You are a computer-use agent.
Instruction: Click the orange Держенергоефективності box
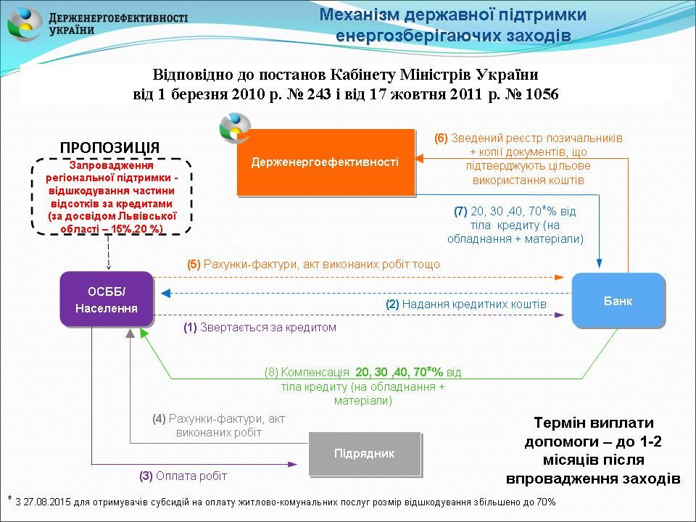[x=326, y=162]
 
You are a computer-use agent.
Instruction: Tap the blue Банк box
[x=618, y=301]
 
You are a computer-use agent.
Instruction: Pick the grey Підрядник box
[x=365, y=454]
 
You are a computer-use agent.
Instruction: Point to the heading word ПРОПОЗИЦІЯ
[x=109, y=147]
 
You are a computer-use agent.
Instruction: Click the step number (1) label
[x=190, y=328]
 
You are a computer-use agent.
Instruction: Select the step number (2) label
[x=392, y=304]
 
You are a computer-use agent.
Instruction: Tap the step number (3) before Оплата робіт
[x=146, y=476]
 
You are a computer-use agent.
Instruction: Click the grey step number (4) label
[x=159, y=418]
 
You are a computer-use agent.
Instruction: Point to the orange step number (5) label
[x=194, y=265]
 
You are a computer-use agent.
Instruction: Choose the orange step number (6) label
[x=441, y=138]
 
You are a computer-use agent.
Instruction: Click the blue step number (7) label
[x=460, y=212]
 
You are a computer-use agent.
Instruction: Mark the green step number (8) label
[x=271, y=373]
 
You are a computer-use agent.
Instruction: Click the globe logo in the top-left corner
[x=25, y=24]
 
